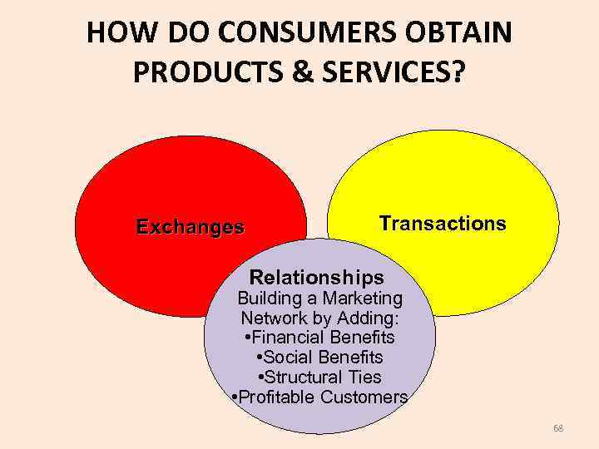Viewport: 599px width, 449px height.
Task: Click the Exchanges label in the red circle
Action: (x=191, y=227)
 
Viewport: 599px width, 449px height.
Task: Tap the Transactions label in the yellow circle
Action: (x=442, y=223)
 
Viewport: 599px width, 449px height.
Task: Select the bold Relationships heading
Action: (x=317, y=277)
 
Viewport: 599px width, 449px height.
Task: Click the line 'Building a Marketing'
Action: (x=320, y=298)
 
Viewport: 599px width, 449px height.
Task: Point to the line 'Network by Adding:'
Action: (x=320, y=318)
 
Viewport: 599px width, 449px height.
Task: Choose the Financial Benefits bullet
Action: (x=320, y=338)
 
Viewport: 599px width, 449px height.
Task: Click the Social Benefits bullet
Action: (x=320, y=358)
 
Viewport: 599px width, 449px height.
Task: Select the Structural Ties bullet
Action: (x=320, y=377)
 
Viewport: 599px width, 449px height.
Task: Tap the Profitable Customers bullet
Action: (x=319, y=397)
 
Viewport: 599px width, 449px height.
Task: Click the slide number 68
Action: (x=557, y=428)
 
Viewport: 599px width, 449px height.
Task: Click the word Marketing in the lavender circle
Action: (x=362, y=298)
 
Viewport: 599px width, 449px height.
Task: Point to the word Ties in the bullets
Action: (x=364, y=377)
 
